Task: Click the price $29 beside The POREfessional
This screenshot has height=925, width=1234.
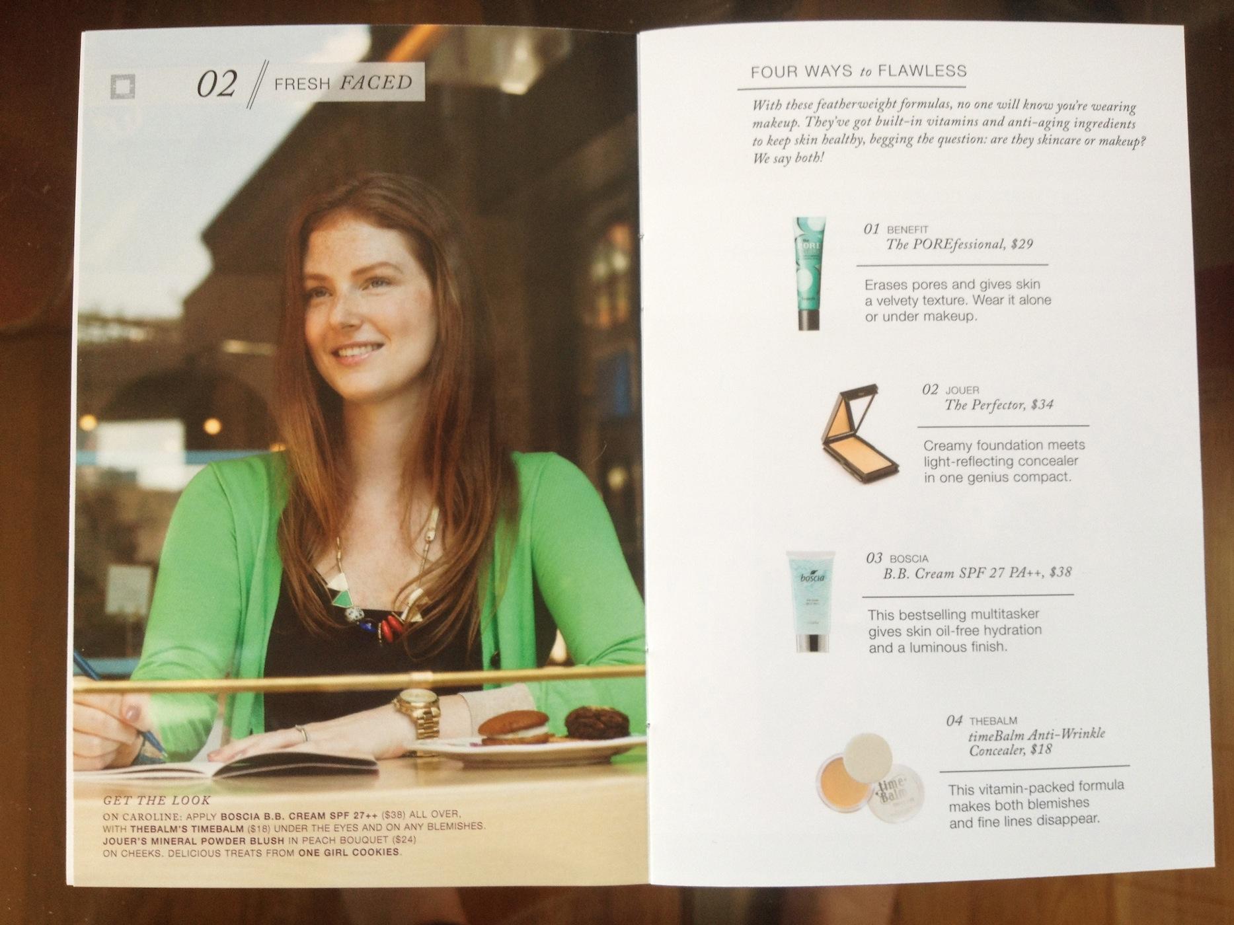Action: click(x=1022, y=244)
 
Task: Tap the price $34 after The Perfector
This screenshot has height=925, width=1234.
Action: click(x=1042, y=404)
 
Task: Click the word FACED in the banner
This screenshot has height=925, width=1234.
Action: click(x=376, y=83)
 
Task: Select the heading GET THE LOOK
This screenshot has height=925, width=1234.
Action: click(x=157, y=801)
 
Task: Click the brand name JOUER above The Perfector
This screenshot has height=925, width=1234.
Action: click(x=962, y=390)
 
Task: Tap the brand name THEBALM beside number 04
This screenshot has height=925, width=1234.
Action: click(x=993, y=720)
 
